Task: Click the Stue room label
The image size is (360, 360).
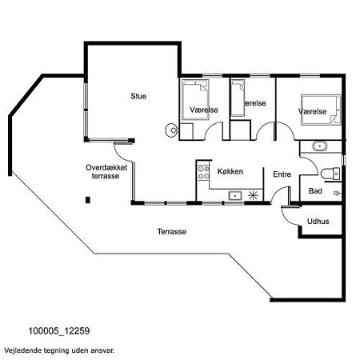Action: (x=138, y=96)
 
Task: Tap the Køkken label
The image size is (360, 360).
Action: (x=230, y=171)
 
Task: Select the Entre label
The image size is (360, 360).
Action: (x=282, y=174)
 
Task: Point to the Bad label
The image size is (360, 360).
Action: (x=315, y=191)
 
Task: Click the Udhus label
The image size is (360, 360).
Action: (x=318, y=221)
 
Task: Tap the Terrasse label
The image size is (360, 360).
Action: (x=171, y=231)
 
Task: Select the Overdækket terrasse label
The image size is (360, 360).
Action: (x=106, y=172)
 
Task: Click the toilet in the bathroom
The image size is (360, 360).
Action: (x=330, y=174)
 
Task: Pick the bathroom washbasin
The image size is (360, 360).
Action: (x=319, y=146)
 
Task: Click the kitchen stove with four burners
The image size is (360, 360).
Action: (x=203, y=172)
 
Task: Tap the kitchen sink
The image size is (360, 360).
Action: (x=235, y=196)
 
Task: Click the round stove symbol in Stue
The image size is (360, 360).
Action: (x=172, y=130)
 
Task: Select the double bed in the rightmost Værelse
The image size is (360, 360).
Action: (x=321, y=110)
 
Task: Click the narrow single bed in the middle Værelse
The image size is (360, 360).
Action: (x=238, y=98)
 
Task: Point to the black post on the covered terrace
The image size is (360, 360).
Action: (x=88, y=200)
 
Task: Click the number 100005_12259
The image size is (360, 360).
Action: (x=59, y=331)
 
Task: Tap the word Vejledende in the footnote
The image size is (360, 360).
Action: (x=21, y=350)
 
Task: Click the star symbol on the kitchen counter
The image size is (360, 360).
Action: (x=253, y=195)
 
